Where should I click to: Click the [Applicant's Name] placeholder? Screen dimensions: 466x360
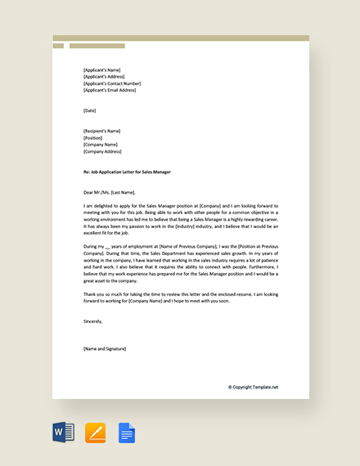[101, 70]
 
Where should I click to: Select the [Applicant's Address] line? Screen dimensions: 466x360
[104, 77]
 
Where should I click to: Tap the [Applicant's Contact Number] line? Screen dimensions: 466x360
[112, 83]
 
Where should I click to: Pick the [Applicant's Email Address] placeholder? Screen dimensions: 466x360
[110, 90]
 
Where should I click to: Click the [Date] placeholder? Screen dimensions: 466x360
[90, 110]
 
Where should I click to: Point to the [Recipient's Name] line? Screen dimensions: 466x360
[101, 131]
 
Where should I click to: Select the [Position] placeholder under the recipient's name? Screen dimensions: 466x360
[92, 137]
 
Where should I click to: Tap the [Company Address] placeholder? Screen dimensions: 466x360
[102, 151]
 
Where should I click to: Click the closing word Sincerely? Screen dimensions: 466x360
[93, 298]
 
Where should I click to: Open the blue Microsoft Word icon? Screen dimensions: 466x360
[64, 432]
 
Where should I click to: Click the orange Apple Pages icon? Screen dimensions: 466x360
[95, 432]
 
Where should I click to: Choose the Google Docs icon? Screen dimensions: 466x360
[126, 432]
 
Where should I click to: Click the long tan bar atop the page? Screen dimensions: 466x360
[181, 38]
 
